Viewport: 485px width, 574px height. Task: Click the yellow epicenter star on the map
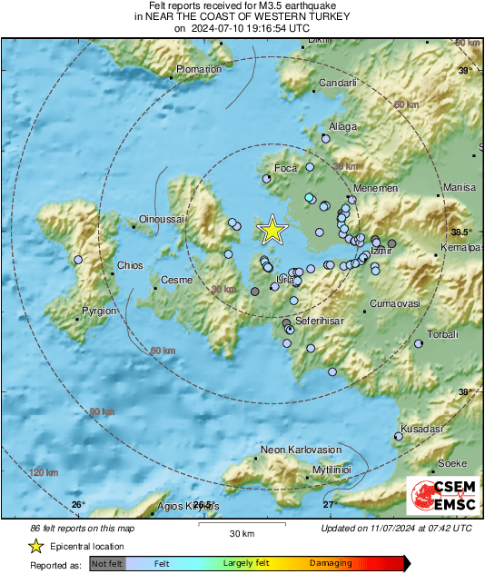pos(272,231)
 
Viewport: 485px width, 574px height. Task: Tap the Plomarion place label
pos(199,69)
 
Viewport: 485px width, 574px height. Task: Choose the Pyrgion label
pos(99,311)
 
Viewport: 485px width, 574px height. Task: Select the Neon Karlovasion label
pos(300,450)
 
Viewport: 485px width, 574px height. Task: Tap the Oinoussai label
pos(161,219)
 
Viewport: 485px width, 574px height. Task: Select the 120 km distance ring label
pos(44,472)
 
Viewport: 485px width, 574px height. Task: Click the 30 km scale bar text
pos(241,532)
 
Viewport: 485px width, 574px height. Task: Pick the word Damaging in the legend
pos(332,563)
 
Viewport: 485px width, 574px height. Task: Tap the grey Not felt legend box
pos(108,564)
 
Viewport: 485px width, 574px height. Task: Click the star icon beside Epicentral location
pos(35,546)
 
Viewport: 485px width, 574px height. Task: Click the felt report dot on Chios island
pos(78,260)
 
